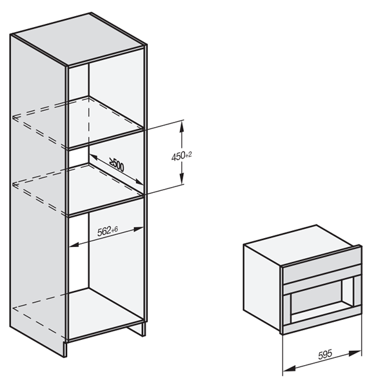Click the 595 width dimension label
(x=325, y=355)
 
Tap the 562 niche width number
(x=104, y=232)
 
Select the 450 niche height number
(x=178, y=157)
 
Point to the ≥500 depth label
(x=117, y=164)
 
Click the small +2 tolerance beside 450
(x=188, y=155)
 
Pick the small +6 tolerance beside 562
(x=115, y=230)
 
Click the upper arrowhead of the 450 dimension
(x=182, y=127)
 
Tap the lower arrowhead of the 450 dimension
(x=182, y=178)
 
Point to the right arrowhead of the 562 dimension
(x=139, y=229)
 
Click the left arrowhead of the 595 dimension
(x=289, y=369)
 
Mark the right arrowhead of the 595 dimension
(x=355, y=353)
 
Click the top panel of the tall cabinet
(x=79, y=38)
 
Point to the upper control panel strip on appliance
(x=321, y=262)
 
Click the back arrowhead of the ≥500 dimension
(x=93, y=157)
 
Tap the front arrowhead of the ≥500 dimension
(x=139, y=182)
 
